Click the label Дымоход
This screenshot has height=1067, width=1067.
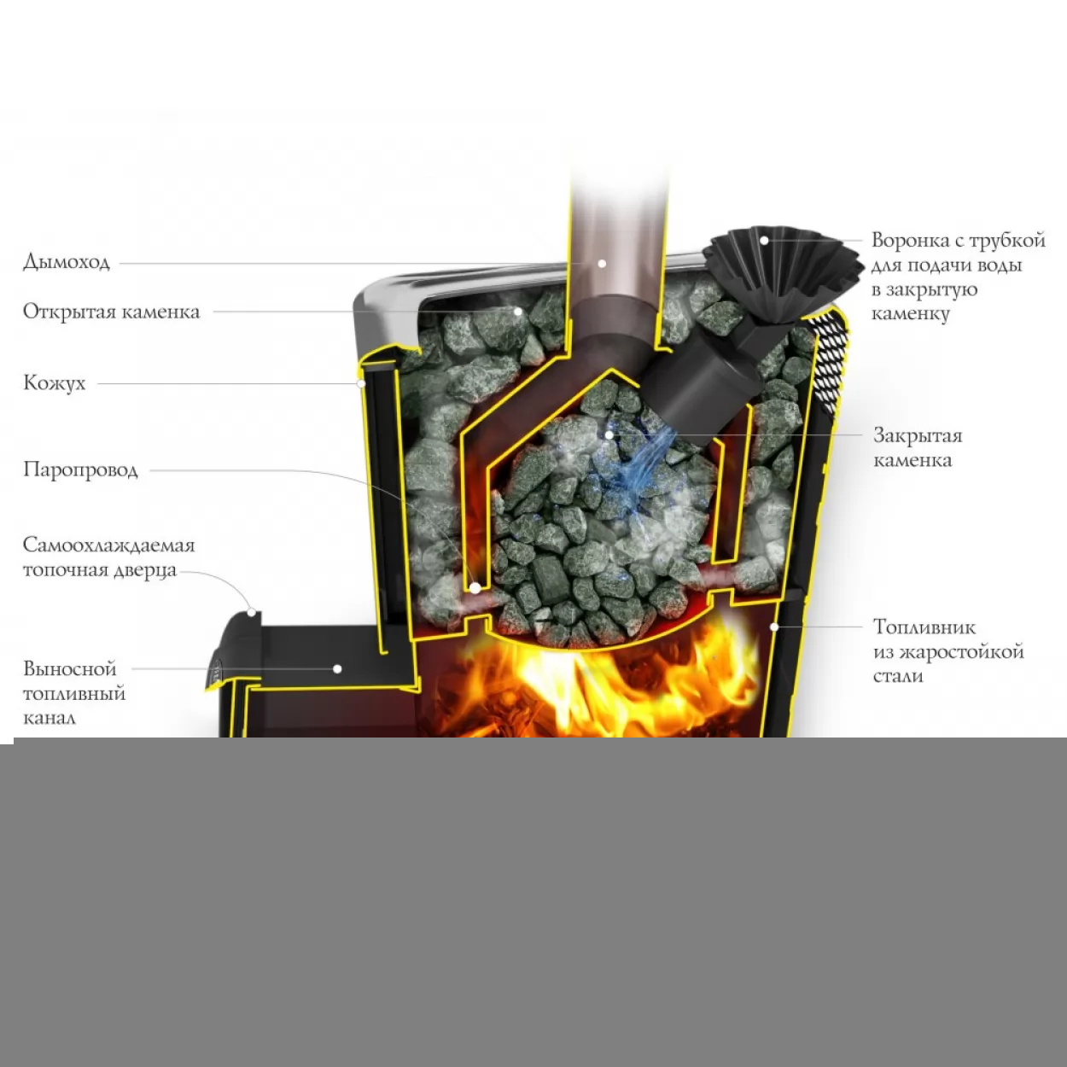pos(67,261)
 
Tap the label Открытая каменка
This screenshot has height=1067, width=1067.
pos(111,312)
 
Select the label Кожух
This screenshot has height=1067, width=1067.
pos(55,383)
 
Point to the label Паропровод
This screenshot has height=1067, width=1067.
pos(80,470)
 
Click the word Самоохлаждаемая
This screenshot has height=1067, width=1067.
pos(109,545)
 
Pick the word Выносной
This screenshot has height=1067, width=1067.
pos(70,669)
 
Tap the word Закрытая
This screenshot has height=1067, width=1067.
pos(918,436)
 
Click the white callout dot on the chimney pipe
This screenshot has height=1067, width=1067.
pos(602,264)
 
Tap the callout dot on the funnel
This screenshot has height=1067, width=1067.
pos(764,241)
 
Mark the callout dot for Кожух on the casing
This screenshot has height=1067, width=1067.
pos(360,383)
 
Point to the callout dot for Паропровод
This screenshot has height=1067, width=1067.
pos(475,589)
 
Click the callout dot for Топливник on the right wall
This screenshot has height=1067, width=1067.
pos(774,627)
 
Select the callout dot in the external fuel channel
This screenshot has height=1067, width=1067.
pos(336,669)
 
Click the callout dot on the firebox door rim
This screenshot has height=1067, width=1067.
pos(251,612)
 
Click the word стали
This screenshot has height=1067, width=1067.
pos(898,676)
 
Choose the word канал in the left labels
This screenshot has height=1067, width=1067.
pos(50,718)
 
